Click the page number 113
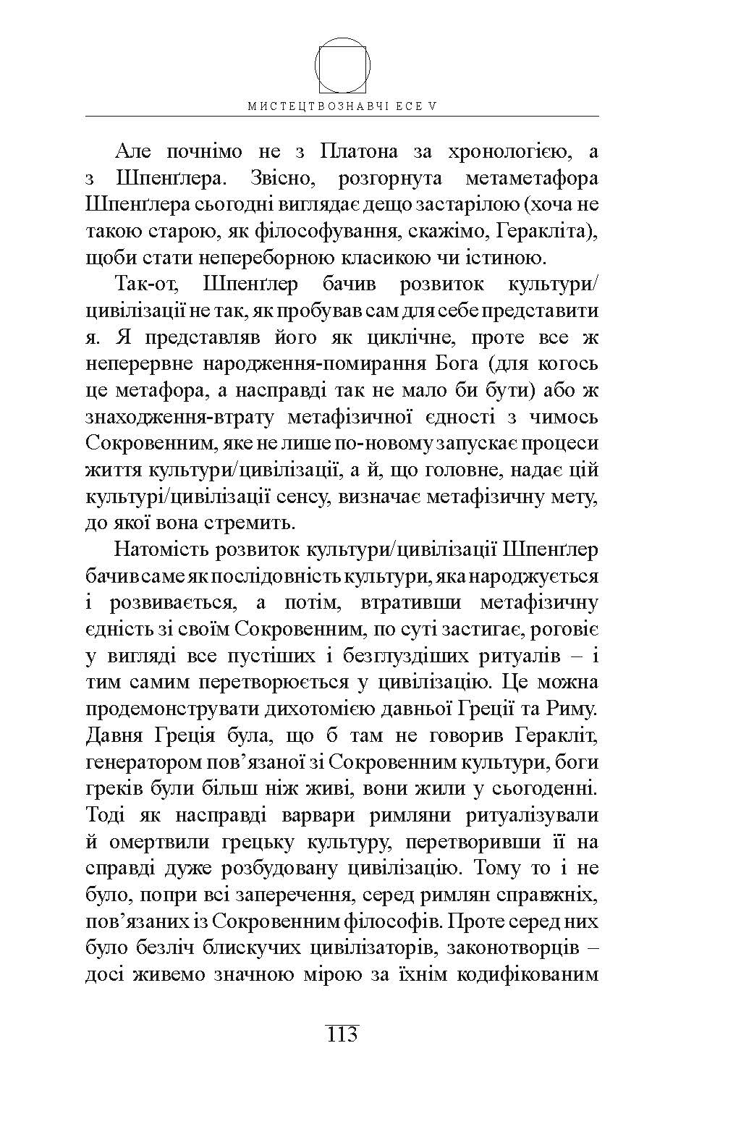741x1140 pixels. click(x=342, y=1034)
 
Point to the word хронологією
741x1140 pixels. click(x=502, y=153)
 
